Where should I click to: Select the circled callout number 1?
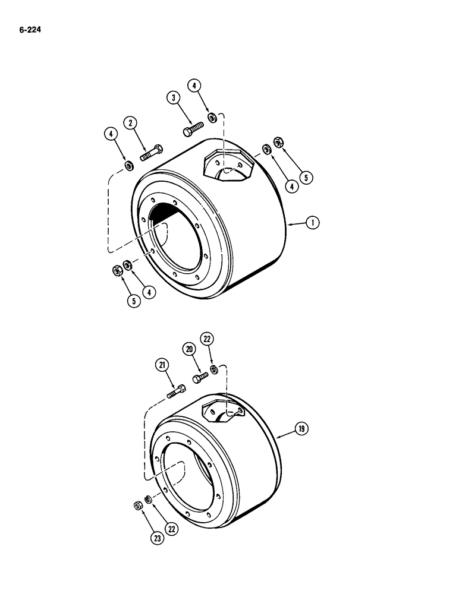312,223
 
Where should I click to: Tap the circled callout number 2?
130,124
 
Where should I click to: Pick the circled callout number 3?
173,97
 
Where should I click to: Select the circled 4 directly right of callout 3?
194,86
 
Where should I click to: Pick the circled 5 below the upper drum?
134,301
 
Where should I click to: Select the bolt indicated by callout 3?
191,129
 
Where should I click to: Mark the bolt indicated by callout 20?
200,376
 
